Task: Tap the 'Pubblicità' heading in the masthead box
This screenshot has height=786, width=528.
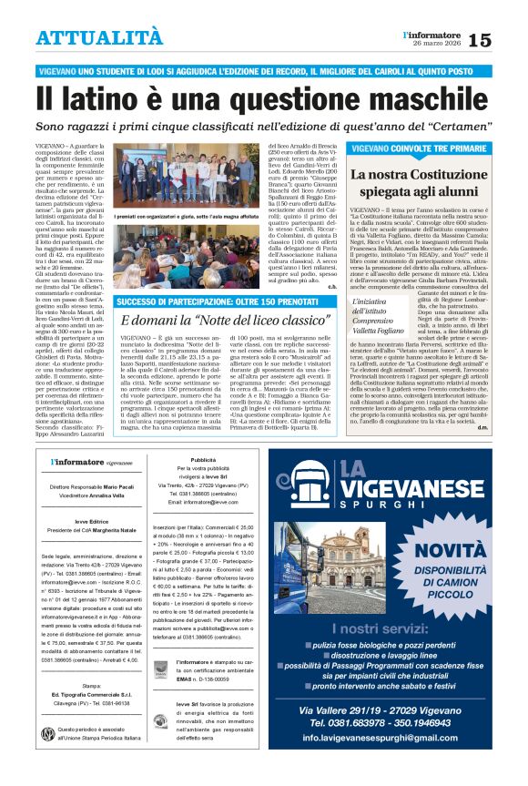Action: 203,460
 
